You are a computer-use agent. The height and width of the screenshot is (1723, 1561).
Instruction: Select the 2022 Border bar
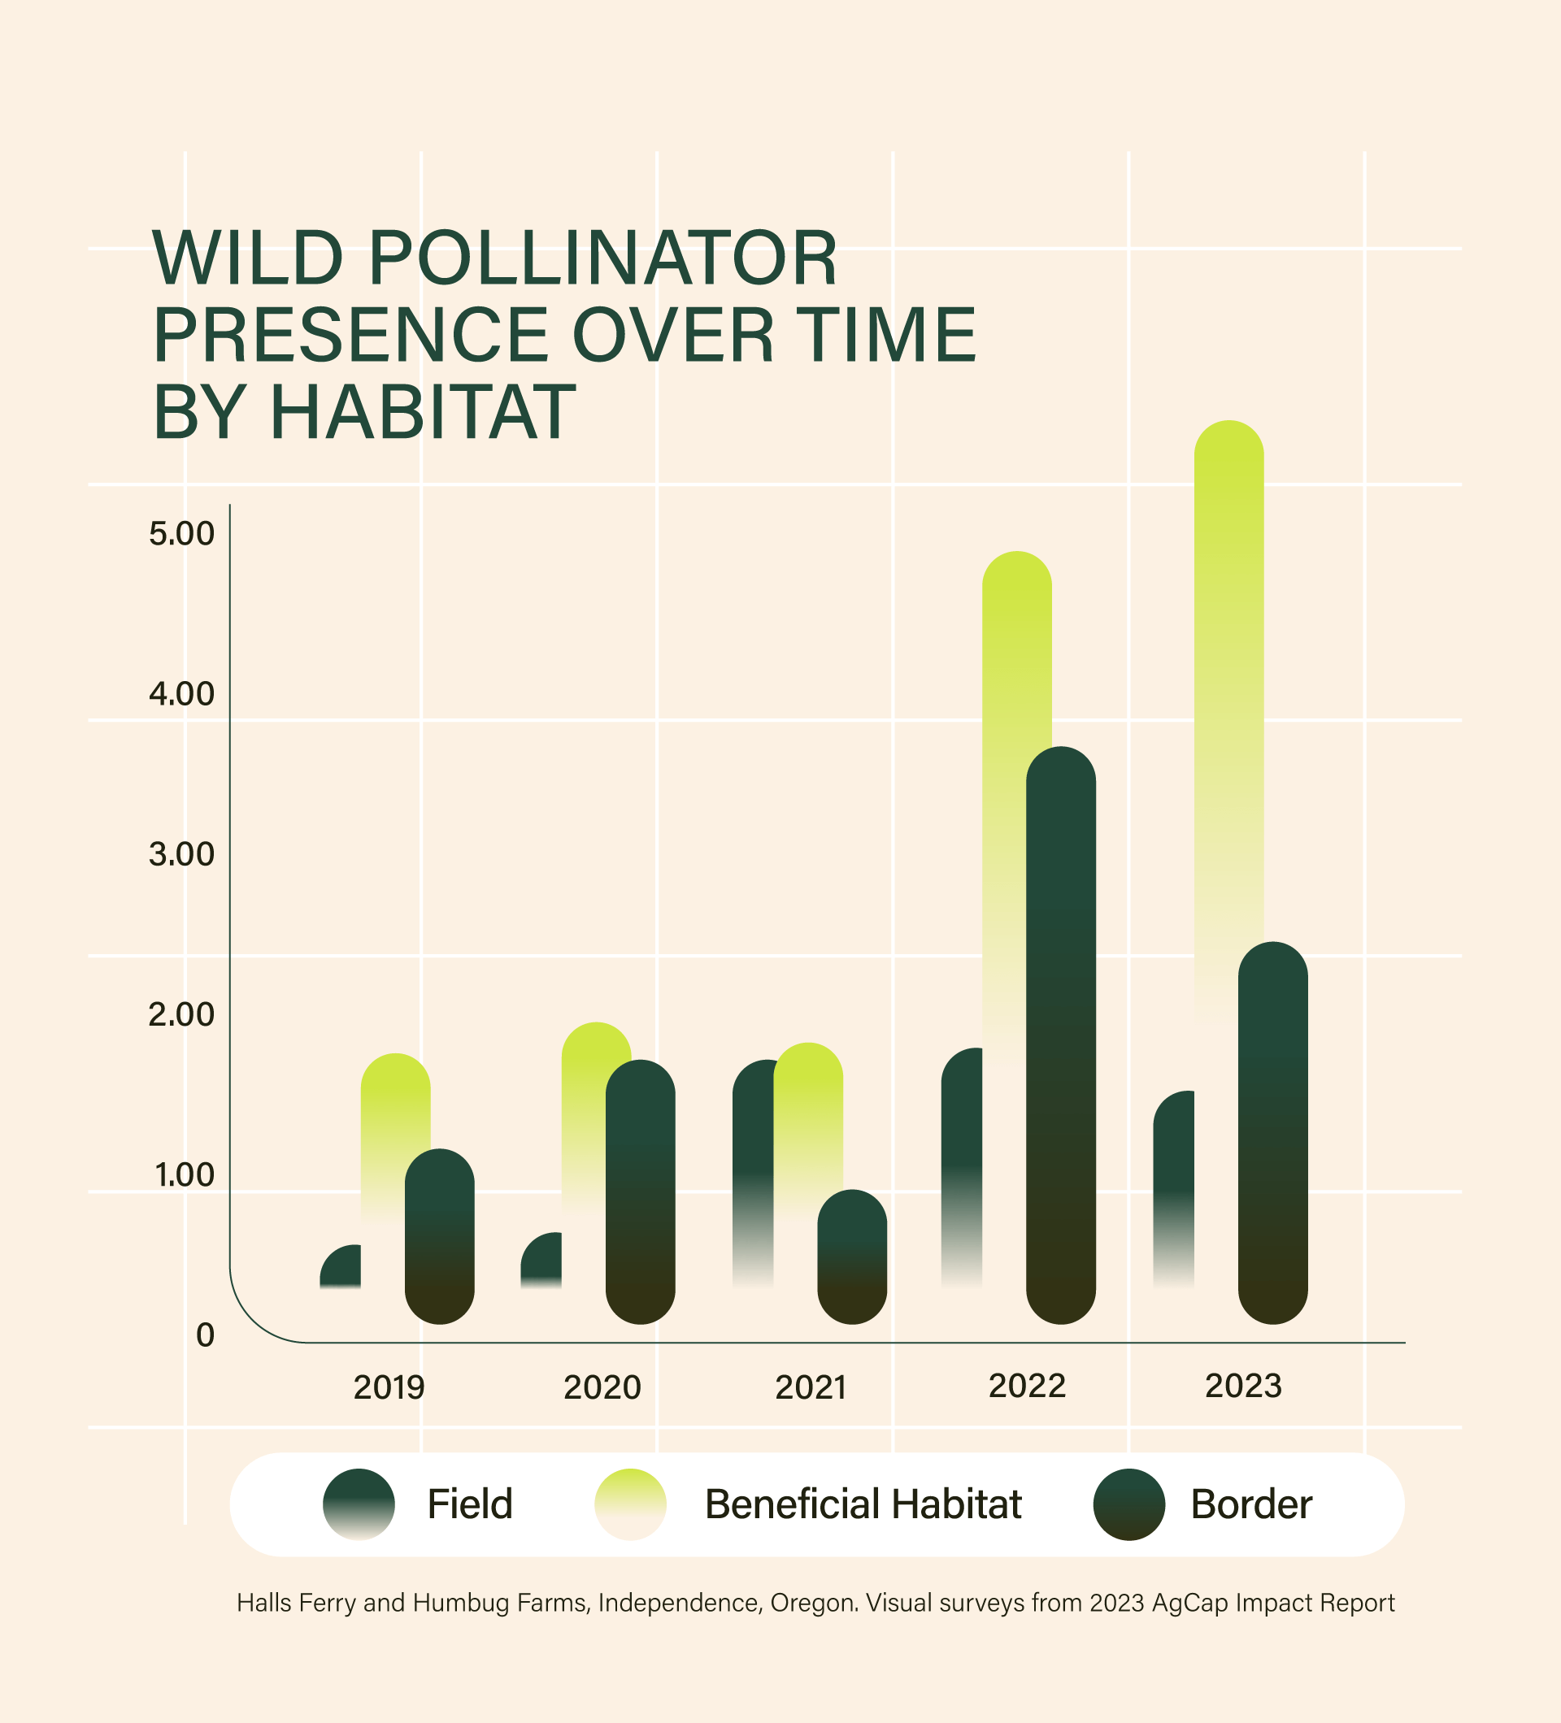[x=1061, y=1034]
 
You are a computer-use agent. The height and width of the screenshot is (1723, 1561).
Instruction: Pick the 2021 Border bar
[x=852, y=1256]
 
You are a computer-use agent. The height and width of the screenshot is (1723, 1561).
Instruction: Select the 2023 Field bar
[x=1174, y=1188]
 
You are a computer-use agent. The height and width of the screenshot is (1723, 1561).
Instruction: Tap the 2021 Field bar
[x=751, y=1171]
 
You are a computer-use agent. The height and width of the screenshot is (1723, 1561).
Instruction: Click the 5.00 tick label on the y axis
[x=181, y=534]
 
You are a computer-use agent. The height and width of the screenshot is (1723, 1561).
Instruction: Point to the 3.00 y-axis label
[x=181, y=854]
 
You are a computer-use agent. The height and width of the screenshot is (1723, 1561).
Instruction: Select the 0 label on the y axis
[x=205, y=1335]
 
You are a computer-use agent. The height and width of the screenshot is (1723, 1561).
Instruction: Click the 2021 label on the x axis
[x=811, y=1387]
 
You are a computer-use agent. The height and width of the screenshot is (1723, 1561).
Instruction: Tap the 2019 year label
[x=389, y=1387]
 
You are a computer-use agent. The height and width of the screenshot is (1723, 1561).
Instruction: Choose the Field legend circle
[x=359, y=1504]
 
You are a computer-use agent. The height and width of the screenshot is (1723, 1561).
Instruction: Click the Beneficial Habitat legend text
[x=863, y=1504]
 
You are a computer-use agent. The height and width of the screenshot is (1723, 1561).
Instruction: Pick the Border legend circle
[x=1129, y=1504]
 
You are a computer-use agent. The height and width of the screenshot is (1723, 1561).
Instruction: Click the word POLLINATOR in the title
[x=602, y=258]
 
